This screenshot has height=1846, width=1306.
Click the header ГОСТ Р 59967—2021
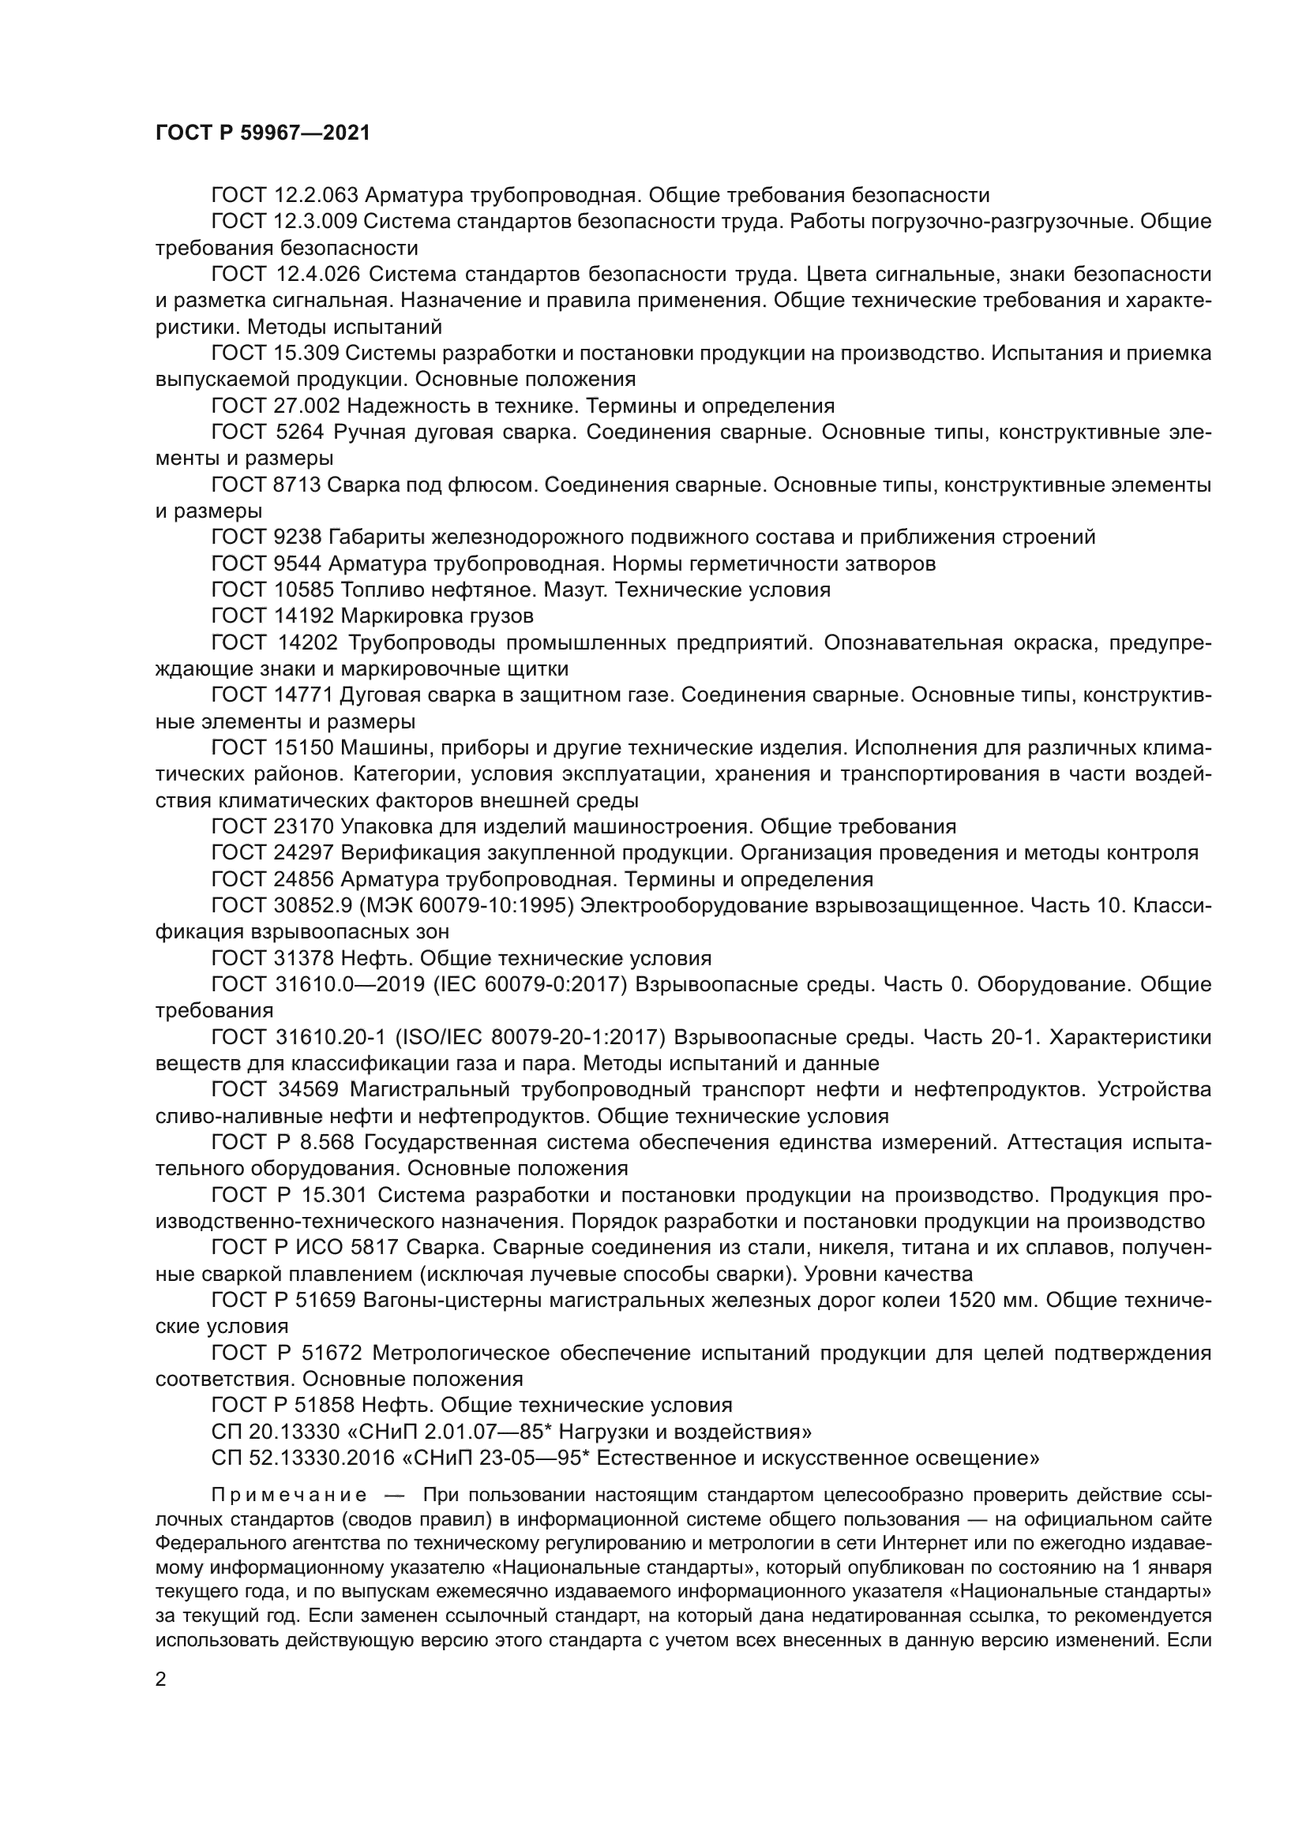coord(262,133)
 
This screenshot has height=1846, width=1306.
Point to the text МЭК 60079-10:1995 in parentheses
coord(467,905)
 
